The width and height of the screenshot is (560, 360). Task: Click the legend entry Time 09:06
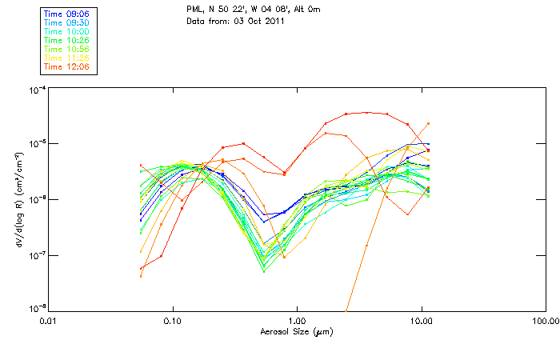pos(66,14)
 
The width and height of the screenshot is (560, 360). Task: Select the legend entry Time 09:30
pos(66,23)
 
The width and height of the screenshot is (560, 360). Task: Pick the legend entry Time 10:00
pos(66,31)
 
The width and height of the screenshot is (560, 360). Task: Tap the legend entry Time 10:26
pos(66,40)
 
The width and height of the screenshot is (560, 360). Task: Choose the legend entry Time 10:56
pos(66,49)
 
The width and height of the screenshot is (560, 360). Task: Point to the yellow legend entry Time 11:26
pos(66,58)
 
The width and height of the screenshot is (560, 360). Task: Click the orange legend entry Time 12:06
pos(66,66)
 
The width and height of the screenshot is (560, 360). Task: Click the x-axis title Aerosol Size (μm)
pos(296,331)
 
